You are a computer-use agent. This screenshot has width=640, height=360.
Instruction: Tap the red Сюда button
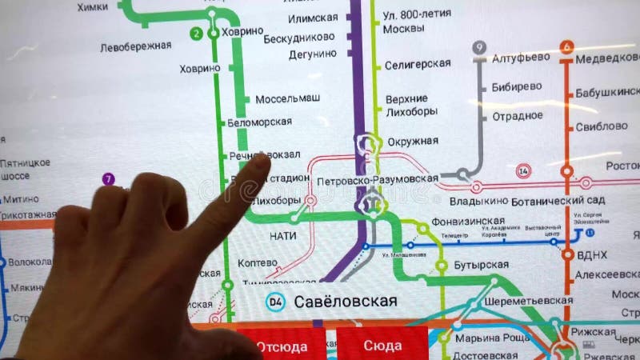pyautogui.click(x=382, y=346)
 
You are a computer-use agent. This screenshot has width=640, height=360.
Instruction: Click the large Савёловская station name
pyautogui.click(x=346, y=301)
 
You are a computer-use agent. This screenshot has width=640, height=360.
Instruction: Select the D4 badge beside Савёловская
pyautogui.click(x=276, y=302)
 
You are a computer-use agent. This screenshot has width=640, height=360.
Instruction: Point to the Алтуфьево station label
pyautogui.click(x=521, y=57)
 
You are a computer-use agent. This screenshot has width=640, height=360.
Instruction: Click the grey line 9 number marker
pyautogui.click(x=479, y=48)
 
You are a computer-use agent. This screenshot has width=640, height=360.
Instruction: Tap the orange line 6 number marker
pyautogui.click(x=567, y=46)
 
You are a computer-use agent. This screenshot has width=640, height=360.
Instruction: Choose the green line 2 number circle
pyautogui.click(x=196, y=34)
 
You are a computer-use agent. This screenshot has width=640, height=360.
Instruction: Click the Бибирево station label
pyautogui.click(x=517, y=86)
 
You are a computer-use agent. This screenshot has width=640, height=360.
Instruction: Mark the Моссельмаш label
pyautogui.click(x=288, y=98)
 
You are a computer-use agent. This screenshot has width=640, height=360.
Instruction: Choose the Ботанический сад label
pyautogui.click(x=558, y=199)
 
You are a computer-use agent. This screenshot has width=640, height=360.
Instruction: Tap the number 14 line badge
pyautogui.click(x=524, y=171)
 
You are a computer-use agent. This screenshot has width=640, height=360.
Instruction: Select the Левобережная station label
pyautogui.click(x=135, y=46)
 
